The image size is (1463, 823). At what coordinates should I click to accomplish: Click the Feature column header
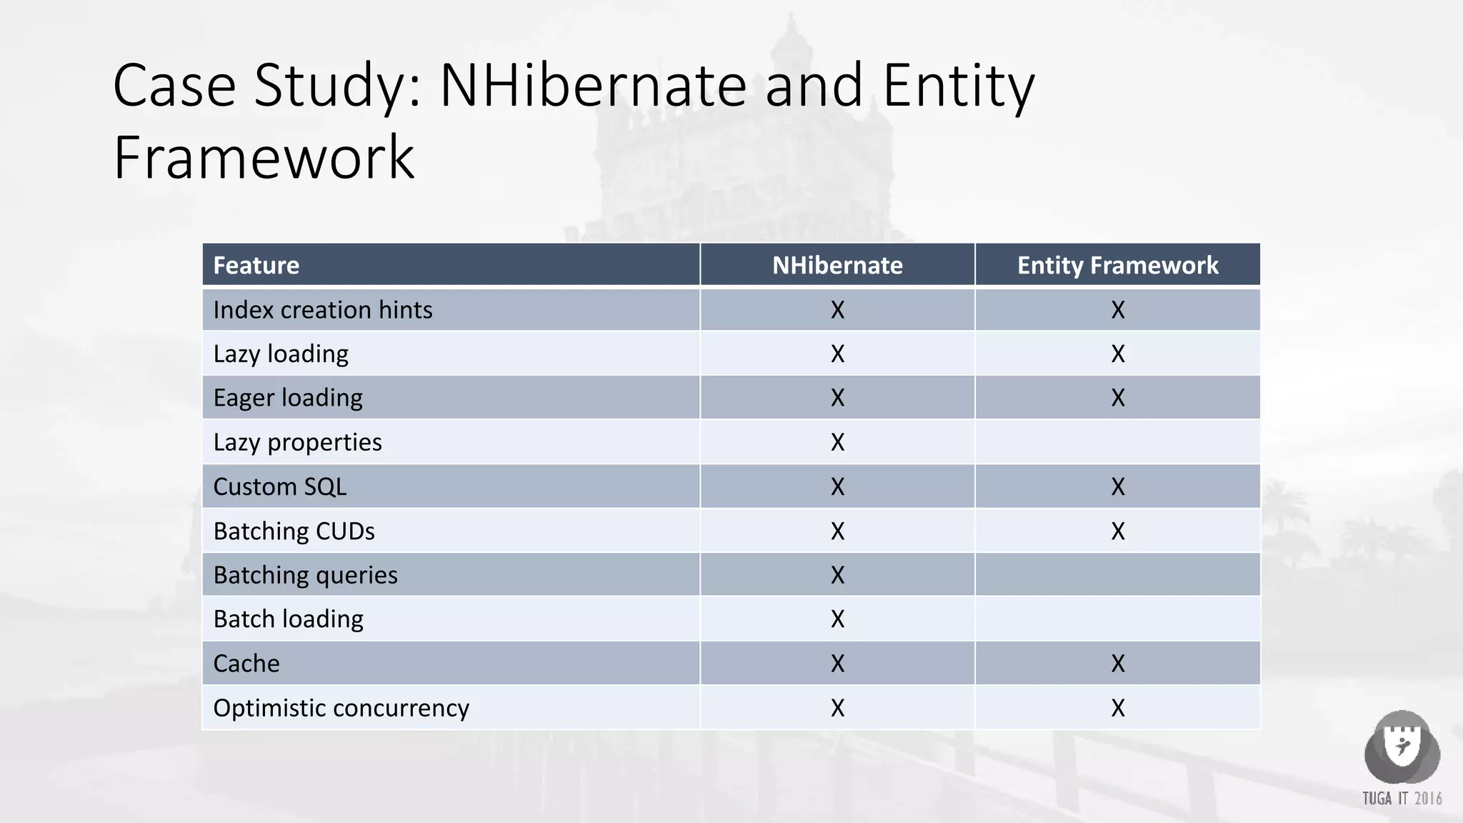tap(256, 265)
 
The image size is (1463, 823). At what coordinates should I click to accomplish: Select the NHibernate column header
tap(837, 265)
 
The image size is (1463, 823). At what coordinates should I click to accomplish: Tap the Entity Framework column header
tap(1117, 265)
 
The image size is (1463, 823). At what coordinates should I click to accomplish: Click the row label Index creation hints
tap(322, 310)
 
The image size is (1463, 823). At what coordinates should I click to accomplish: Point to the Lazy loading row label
tap(281, 354)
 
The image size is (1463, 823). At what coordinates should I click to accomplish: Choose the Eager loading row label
tap(288, 398)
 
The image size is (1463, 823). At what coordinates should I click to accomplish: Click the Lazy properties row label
tap(297, 442)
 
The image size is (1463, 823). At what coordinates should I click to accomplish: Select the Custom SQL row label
tap(279, 487)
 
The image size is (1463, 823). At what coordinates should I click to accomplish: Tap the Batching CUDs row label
tap(294, 531)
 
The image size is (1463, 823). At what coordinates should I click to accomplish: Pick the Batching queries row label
tap(305, 575)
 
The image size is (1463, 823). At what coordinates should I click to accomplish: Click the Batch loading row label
tap(288, 619)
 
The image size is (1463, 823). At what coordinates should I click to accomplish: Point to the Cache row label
tap(246, 664)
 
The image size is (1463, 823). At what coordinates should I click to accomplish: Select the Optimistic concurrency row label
tap(341, 708)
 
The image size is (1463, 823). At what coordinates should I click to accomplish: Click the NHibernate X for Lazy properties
tap(837, 442)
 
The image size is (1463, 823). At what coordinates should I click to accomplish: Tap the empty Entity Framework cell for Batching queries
tap(1117, 575)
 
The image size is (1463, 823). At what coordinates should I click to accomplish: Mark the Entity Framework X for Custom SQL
tap(1117, 487)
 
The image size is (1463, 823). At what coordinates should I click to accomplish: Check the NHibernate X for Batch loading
tap(837, 619)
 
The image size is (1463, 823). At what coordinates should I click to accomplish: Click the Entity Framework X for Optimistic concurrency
tap(1117, 708)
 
